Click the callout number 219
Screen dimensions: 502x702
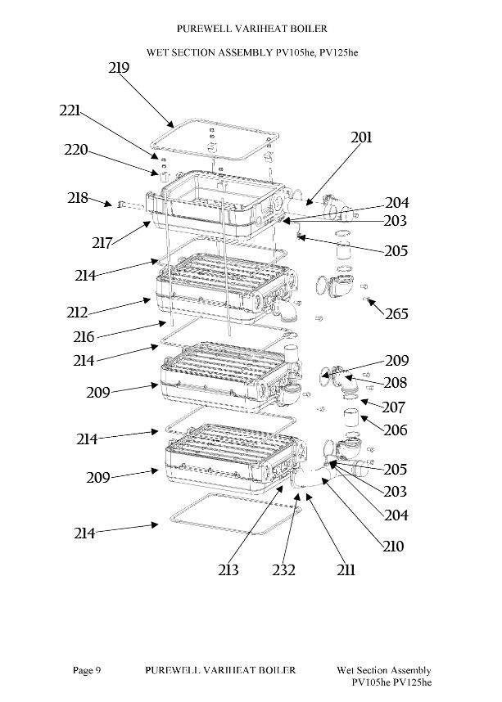119,68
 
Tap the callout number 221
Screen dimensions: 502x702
70,110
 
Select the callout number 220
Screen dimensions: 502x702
75,150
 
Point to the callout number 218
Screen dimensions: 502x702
78,197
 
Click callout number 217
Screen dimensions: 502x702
102,243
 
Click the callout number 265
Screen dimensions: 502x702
396,313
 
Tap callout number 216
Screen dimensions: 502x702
84,336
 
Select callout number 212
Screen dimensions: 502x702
77,312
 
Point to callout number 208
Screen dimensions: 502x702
396,382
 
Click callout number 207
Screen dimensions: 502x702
394,407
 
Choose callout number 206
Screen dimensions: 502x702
396,430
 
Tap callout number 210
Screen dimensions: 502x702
393,546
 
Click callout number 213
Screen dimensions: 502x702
228,570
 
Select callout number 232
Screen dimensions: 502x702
283,570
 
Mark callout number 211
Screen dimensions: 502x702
346,570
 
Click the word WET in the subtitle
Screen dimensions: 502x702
156,53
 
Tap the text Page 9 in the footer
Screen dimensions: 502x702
87,670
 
